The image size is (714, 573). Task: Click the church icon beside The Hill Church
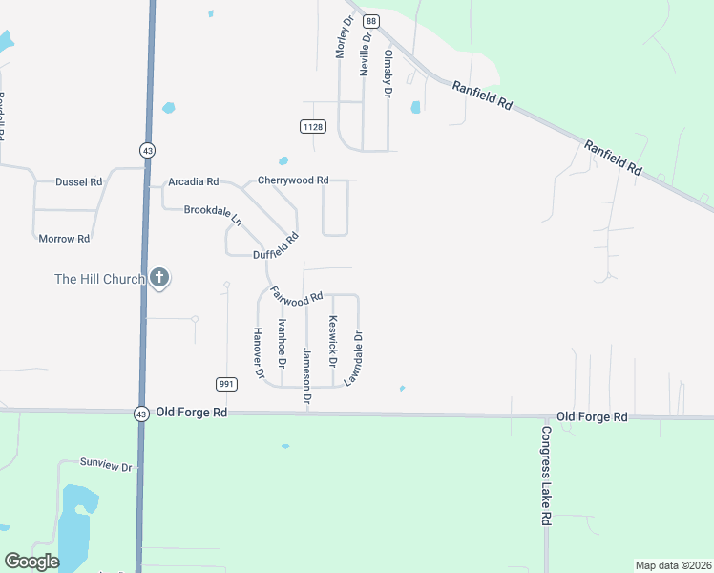click(x=159, y=279)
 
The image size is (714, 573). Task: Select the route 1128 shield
click(x=312, y=127)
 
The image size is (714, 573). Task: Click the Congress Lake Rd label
click(x=547, y=474)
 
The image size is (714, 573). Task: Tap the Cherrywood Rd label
click(x=293, y=180)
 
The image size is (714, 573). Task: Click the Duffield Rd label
click(x=276, y=246)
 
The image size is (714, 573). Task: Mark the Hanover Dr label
click(x=258, y=352)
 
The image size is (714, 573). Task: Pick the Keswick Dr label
click(x=333, y=341)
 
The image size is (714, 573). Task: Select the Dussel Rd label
click(x=78, y=181)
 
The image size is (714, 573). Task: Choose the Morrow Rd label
click(x=64, y=238)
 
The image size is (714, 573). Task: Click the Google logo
click(x=31, y=562)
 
